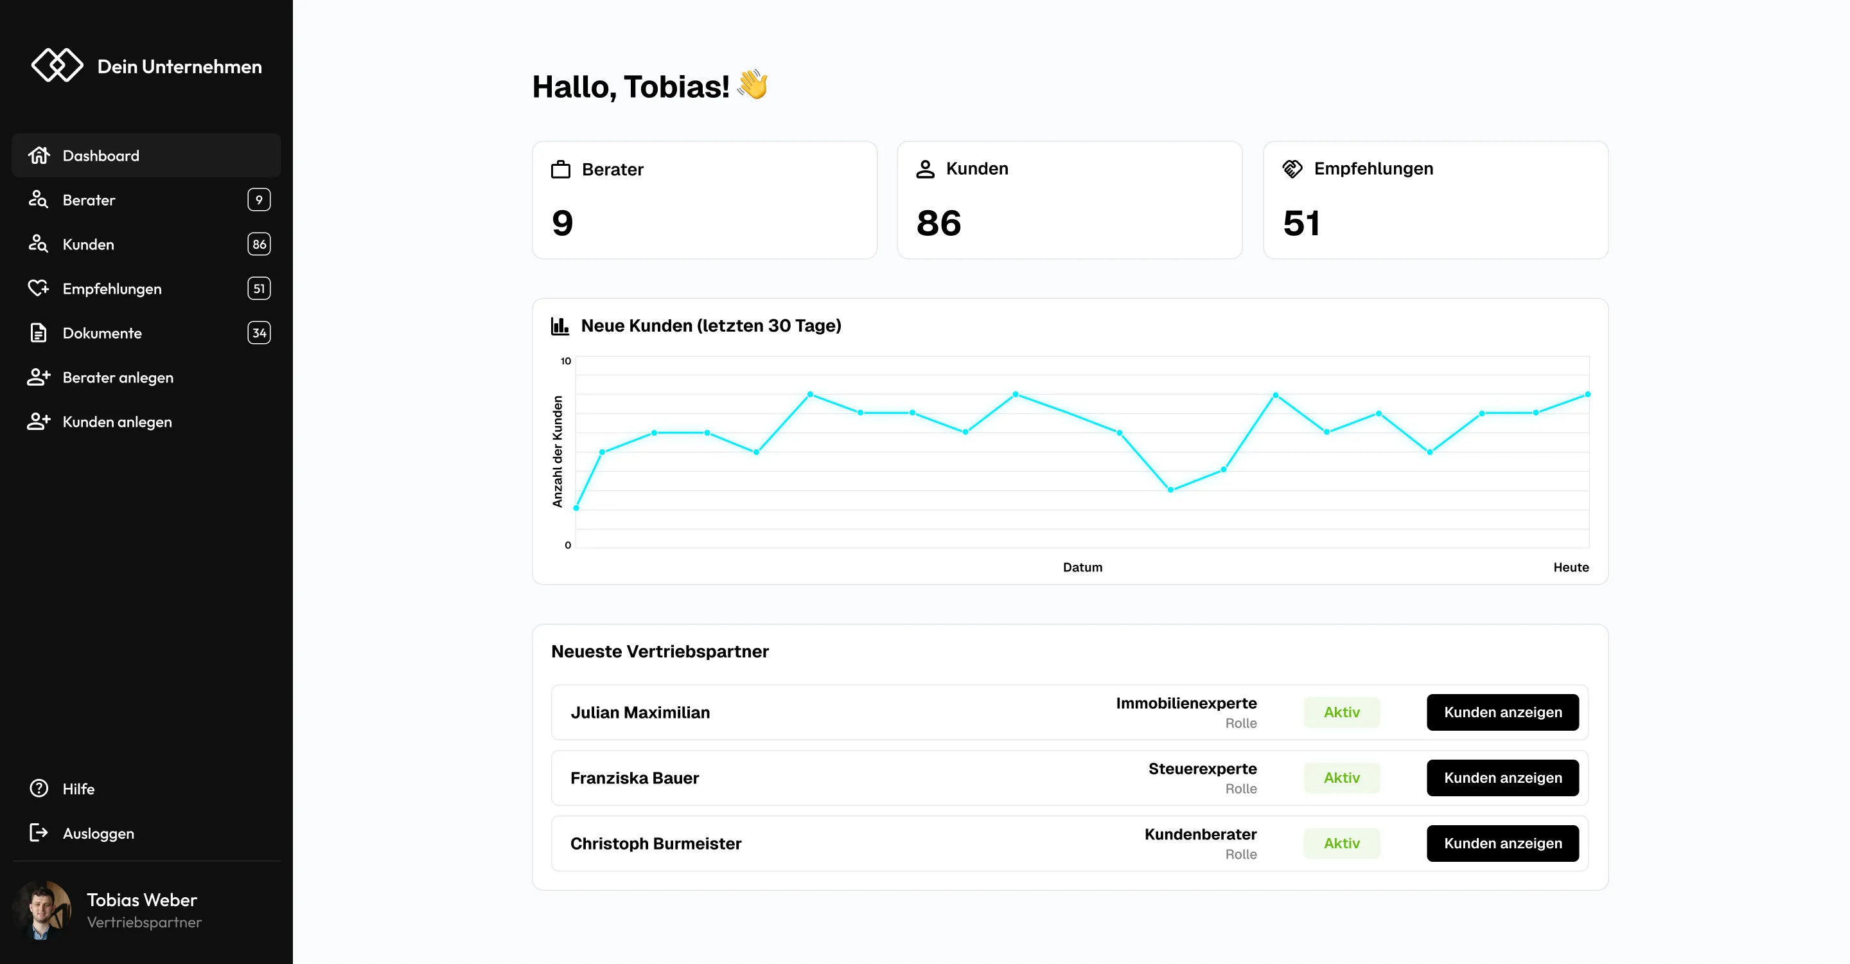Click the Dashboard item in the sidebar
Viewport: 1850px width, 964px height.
coord(101,156)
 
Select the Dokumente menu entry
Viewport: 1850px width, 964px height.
coord(102,334)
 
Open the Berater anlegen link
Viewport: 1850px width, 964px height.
coord(118,378)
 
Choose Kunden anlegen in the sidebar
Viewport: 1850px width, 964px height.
coord(117,422)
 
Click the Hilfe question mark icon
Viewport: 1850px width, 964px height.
coord(39,789)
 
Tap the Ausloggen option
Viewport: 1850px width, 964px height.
coord(98,834)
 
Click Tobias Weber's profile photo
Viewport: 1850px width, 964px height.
coord(42,910)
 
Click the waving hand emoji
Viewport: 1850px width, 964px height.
coord(753,85)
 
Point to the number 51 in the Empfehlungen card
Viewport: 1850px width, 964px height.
coord(1301,224)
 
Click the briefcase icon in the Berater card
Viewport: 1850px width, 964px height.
coord(560,170)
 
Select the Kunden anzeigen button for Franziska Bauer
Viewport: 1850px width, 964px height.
coord(1502,778)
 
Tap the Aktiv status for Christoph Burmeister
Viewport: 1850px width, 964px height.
coord(1341,843)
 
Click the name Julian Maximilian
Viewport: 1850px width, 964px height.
coord(640,713)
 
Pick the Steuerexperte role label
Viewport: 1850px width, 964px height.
coord(1202,769)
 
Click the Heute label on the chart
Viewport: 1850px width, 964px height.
coord(1571,567)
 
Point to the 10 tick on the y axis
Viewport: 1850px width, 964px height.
coord(566,361)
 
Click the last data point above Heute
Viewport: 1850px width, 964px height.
coord(1587,395)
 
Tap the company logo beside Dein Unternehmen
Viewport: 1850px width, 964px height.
coord(57,66)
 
